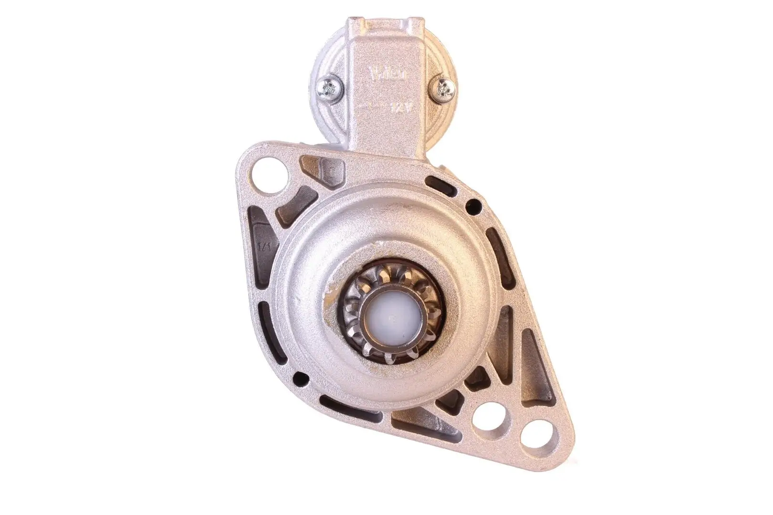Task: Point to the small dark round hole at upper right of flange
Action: (x=474, y=206)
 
